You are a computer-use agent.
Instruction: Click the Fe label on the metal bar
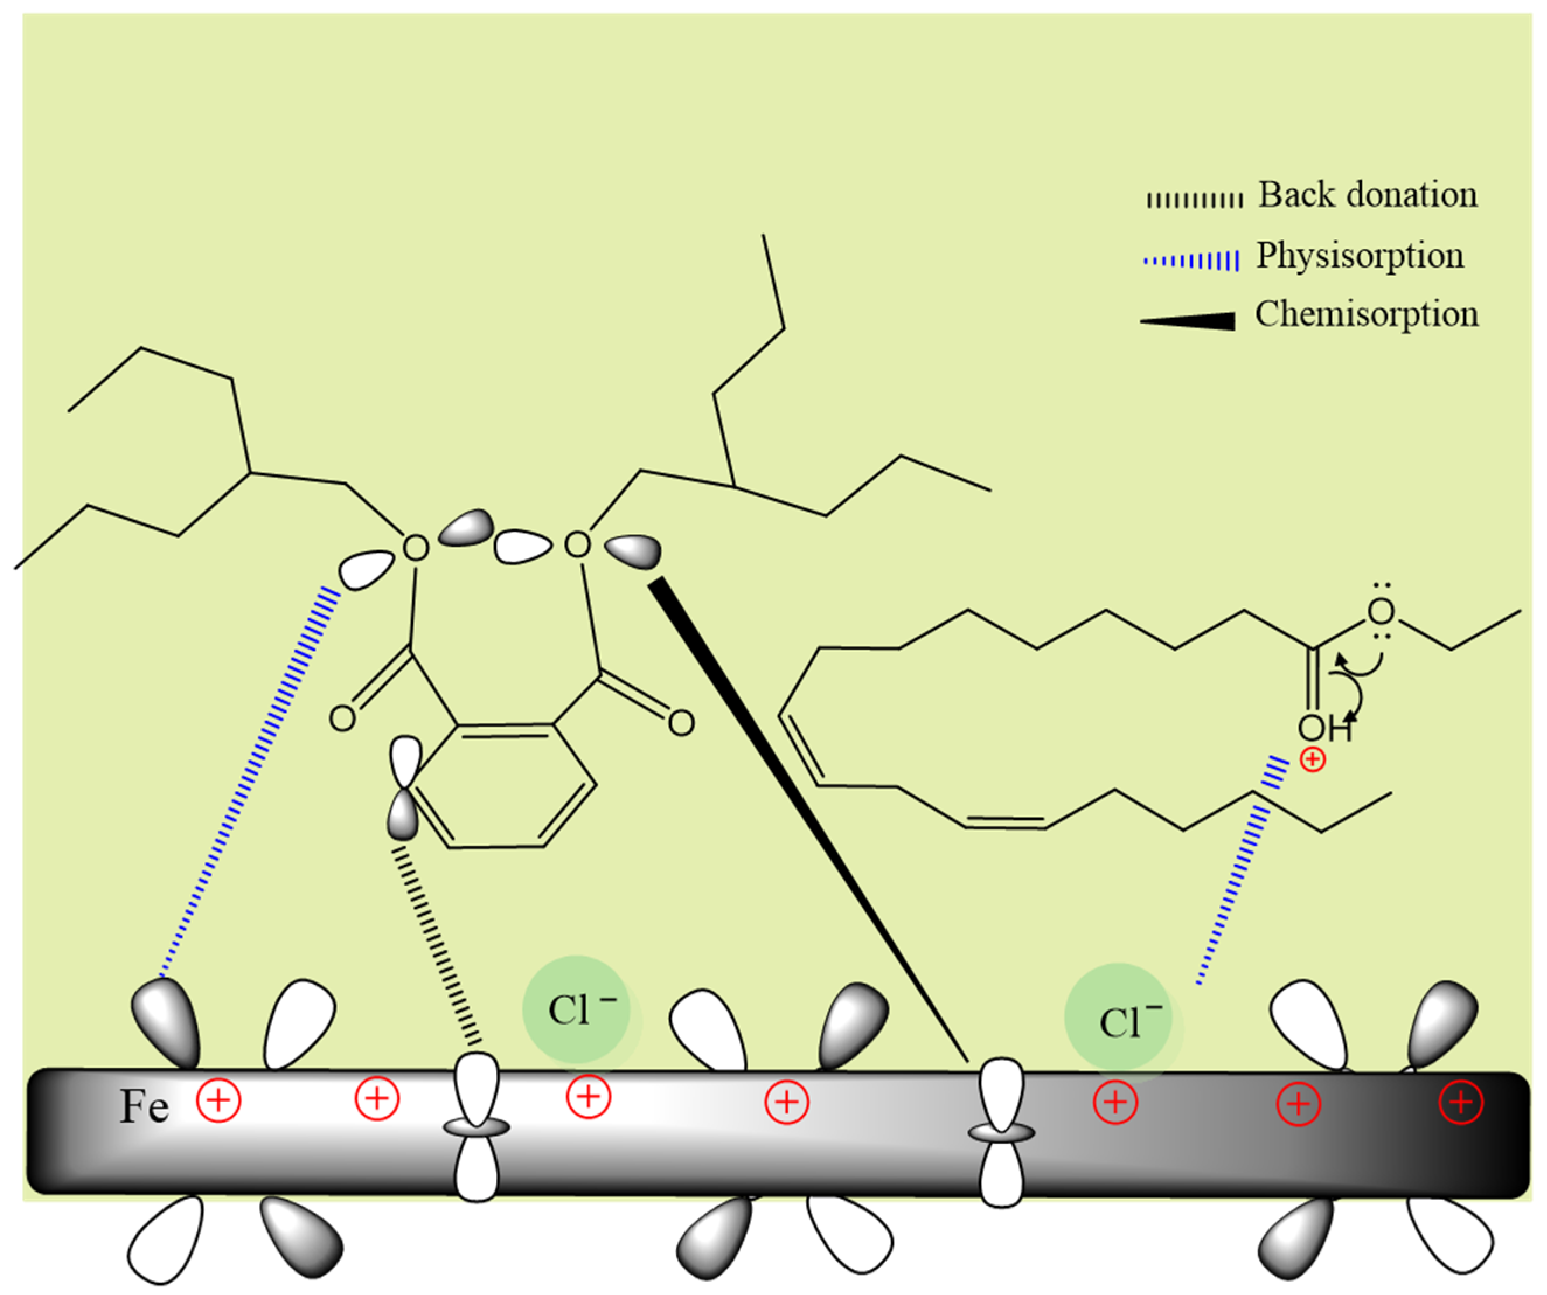tap(144, 1106)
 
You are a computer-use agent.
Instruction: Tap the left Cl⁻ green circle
tap(577, 1010)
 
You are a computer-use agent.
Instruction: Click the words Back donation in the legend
tap(1367, 195)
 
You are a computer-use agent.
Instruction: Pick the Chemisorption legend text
tap(1367, 314)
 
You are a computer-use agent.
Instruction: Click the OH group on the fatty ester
tap(1324, 728)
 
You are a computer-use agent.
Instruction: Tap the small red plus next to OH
tap(1313, 759)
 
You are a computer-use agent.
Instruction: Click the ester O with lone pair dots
tap(1381, 612)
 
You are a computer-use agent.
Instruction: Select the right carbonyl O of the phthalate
tap(682, 723)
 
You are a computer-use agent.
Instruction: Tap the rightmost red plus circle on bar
tap(1461, 1103)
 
